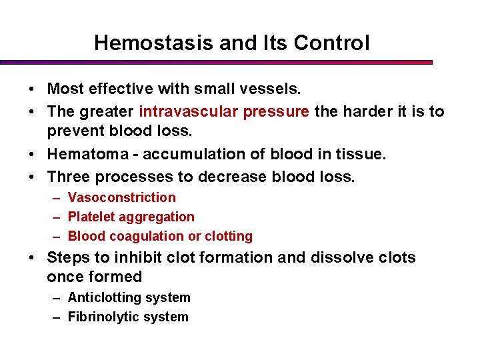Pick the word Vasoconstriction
122,197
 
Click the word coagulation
141,236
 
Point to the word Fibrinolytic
100,317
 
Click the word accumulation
193,155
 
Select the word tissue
363,155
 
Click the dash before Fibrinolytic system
57,317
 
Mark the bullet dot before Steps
32,258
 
